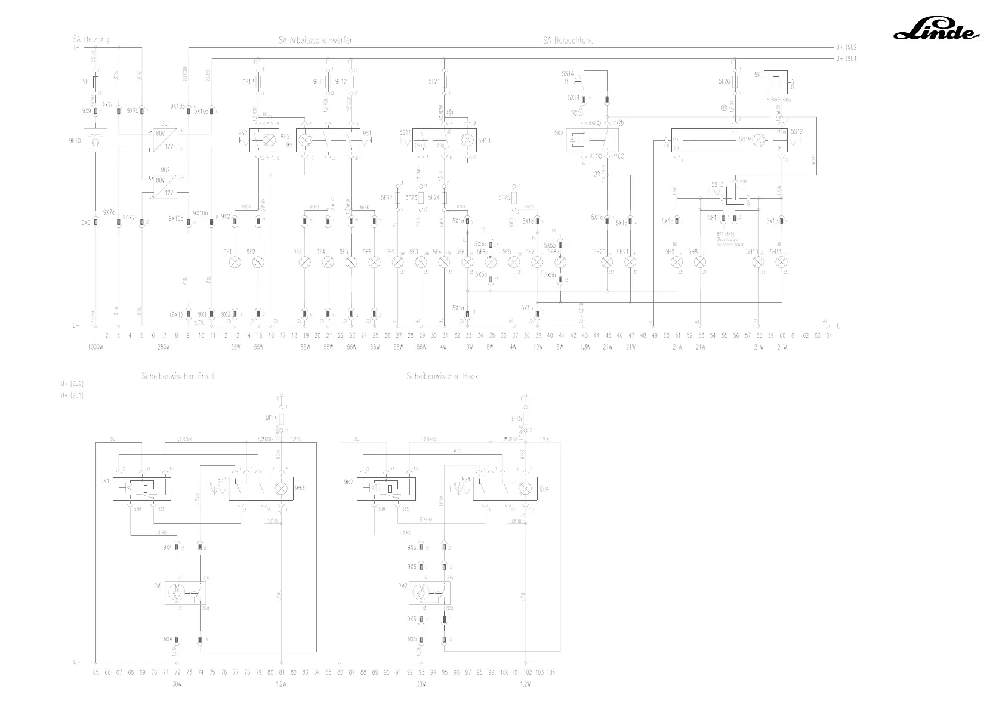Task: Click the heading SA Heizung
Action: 91,39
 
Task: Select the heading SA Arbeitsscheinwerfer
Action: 315,41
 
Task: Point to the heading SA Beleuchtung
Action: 568,41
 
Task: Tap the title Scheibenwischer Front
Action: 178,376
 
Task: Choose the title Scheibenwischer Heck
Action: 442,376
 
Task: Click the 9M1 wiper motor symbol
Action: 185,592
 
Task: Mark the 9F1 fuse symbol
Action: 95,81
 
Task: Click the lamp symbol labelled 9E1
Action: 235,263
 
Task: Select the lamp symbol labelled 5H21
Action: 630,263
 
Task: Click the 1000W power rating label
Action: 95,347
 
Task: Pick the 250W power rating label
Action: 164,347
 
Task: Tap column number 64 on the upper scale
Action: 828,336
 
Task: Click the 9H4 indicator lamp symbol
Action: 525,489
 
